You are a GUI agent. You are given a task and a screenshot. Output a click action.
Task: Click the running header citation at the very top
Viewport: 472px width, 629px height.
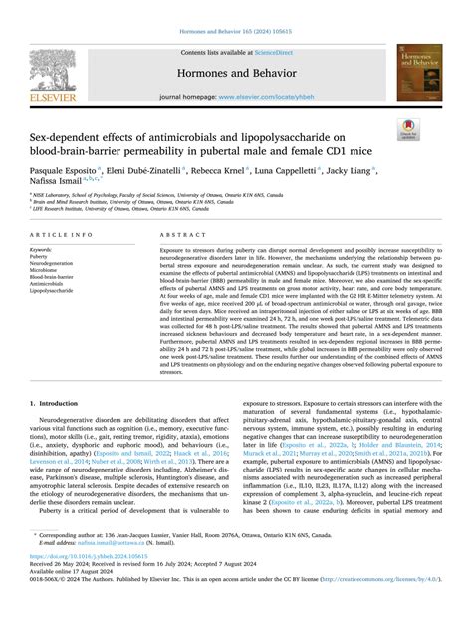(x=236, y=9)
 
